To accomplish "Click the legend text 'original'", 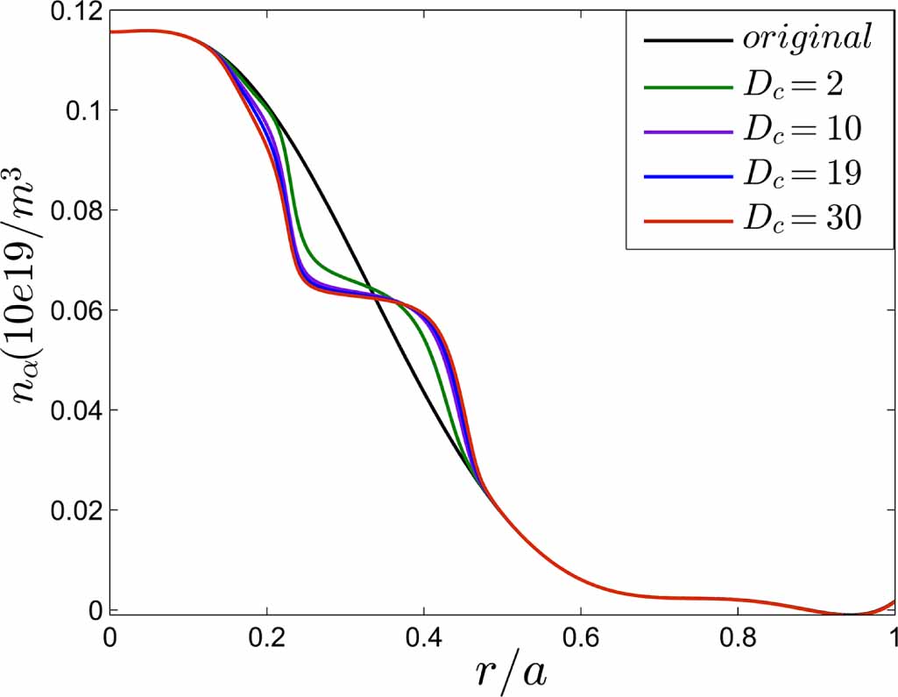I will (x=807, y=39).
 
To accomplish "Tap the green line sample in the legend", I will (x=687, y=86).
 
